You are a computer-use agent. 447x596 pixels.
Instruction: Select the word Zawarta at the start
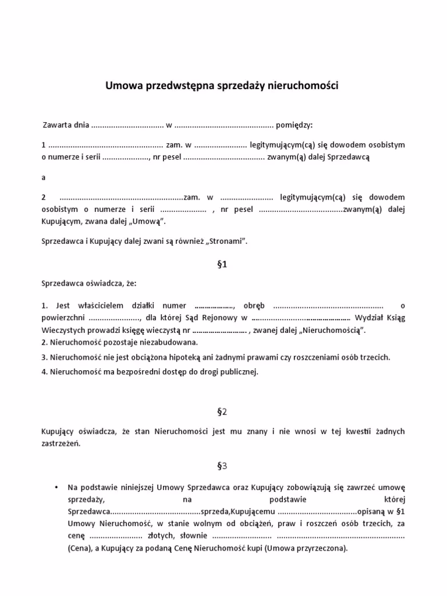[57, 125]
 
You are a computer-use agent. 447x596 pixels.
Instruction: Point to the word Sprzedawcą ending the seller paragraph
[349, 157]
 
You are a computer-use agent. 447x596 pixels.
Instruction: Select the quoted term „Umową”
[150, 221]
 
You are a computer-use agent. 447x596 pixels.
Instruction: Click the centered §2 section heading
[221, 412]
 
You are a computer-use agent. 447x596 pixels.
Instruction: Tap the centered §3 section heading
[221, 466]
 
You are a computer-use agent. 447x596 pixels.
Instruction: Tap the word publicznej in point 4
[236, 371]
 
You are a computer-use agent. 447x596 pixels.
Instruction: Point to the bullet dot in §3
[55, 487]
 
